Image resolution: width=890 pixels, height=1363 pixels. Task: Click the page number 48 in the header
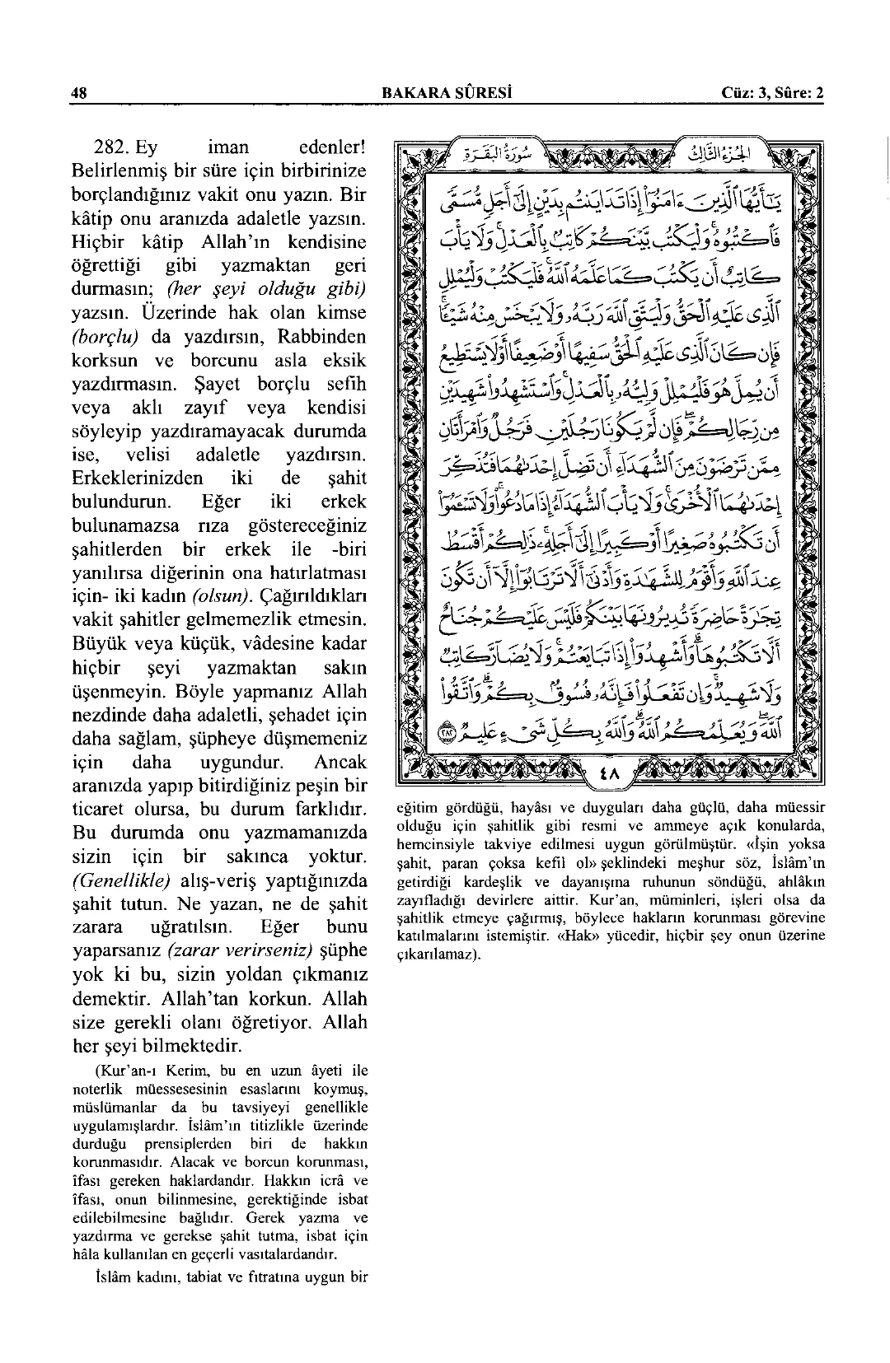click(79, 93)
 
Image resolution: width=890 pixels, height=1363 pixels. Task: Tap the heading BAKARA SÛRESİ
click(445, 93)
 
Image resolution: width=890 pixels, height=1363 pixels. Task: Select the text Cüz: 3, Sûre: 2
click(772, 93)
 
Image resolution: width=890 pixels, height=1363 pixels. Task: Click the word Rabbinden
click(322, 337)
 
